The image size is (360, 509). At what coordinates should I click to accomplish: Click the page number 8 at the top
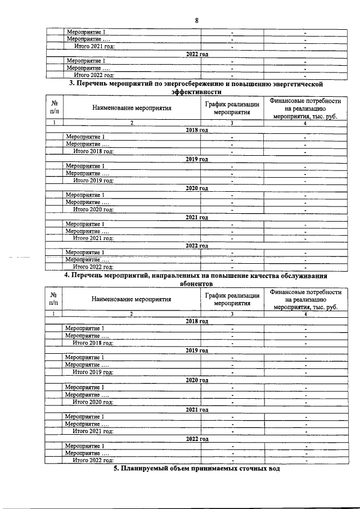pyautogui.click(x=196, y=21)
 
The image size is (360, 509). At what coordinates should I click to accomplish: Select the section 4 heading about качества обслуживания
pyautogui.click(x=196, y=281)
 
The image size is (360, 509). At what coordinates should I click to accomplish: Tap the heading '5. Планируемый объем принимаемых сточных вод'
pyautogui.click(x=196, y=469)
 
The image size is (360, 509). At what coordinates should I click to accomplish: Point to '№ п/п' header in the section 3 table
pyautogui.click(x=54, y=108)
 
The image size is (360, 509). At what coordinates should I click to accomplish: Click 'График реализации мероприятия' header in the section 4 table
pyautogui.click(x=232, y=299)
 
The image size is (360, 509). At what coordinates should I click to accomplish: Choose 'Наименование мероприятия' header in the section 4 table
pyautogui.click(x=132, y=299)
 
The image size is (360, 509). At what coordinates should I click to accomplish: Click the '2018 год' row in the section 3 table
pyautogui.click(x=196, y=130)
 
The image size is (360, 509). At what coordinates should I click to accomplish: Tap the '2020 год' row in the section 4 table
pyautogui.click(x=196, y=381)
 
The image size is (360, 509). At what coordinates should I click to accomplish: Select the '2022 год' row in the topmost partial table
pyautogui.click(x=196, y=53)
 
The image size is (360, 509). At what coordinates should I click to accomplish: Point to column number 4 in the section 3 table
pyautogui.click(x=304, y=123)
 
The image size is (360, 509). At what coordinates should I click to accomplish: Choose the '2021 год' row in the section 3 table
pyautogui.click(x=196, y=217)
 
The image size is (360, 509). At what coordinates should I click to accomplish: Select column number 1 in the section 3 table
pyautogui.click(x=54, y=123)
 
